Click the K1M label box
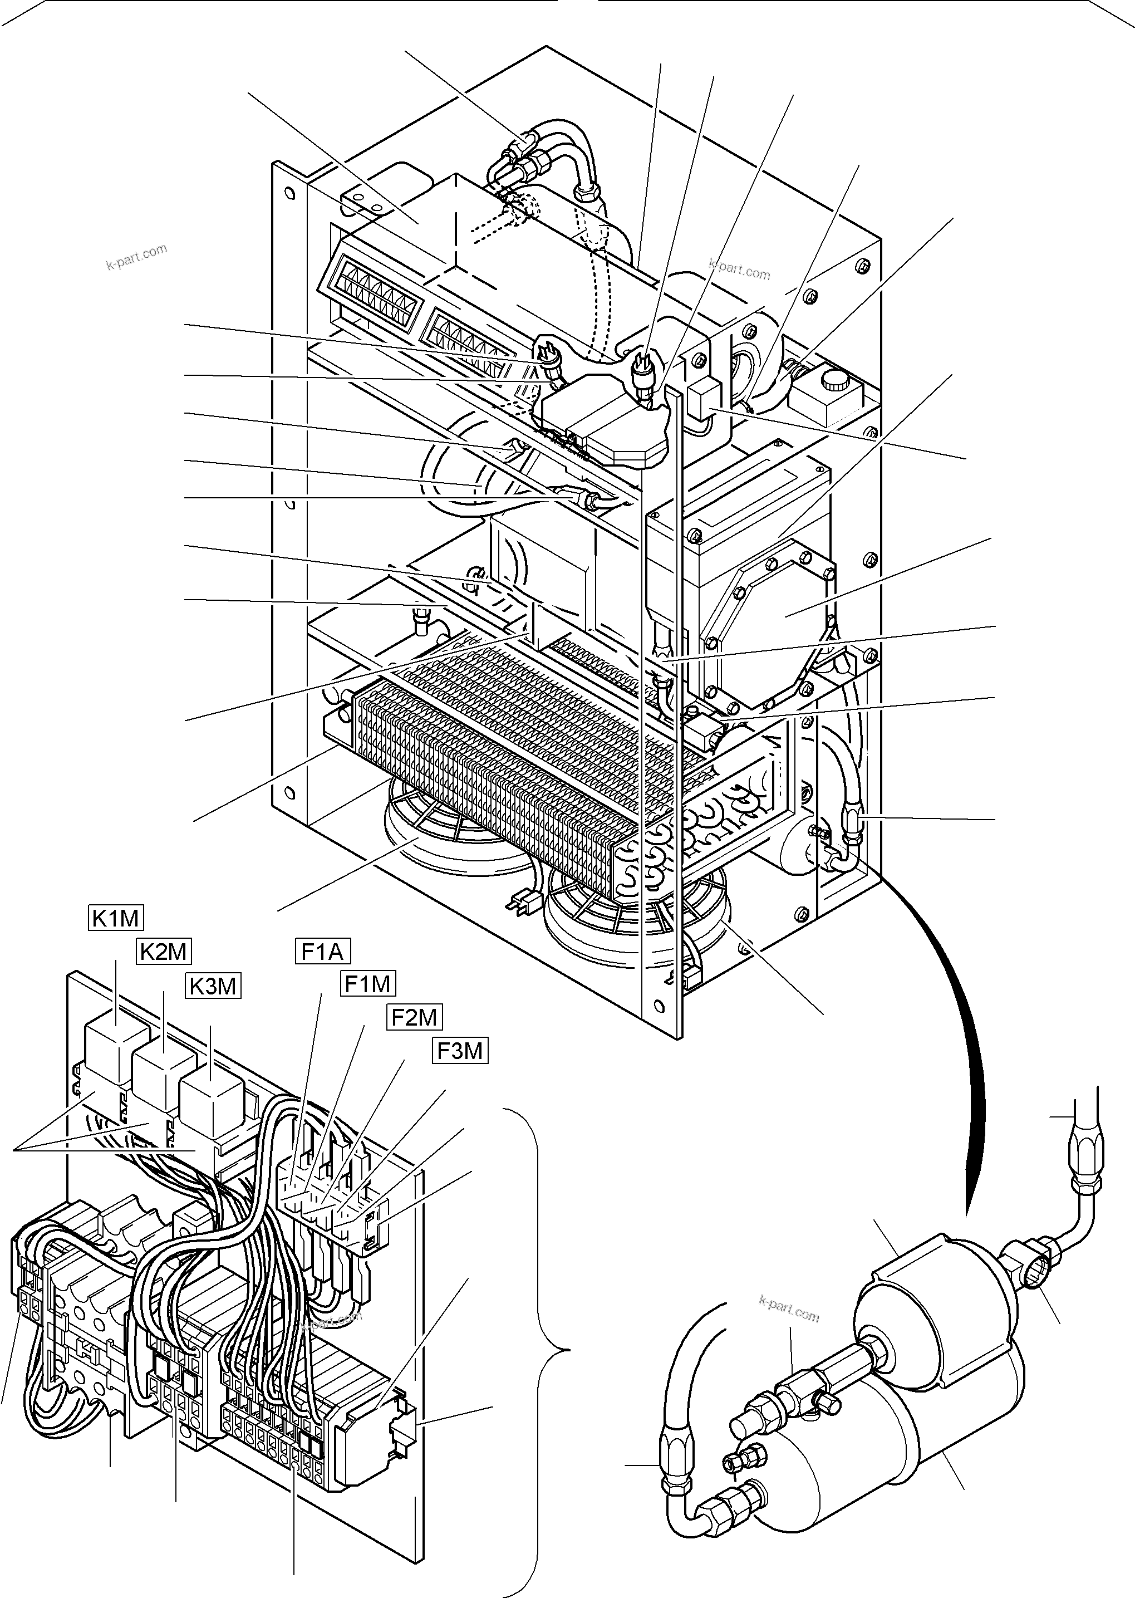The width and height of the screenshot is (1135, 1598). (x=116, y=918)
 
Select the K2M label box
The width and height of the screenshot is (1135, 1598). (x=164, y=952)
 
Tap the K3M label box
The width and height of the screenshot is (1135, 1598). (x=213, y=986)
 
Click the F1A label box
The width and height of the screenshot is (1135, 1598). (x=322, y=952)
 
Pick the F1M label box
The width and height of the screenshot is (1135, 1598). (x=368, y=984)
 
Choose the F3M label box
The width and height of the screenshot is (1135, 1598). (x=460, y=1051)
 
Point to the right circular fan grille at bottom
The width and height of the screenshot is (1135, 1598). (x=629, y=919)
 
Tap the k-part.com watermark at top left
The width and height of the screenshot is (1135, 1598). (x=137, y=256)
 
